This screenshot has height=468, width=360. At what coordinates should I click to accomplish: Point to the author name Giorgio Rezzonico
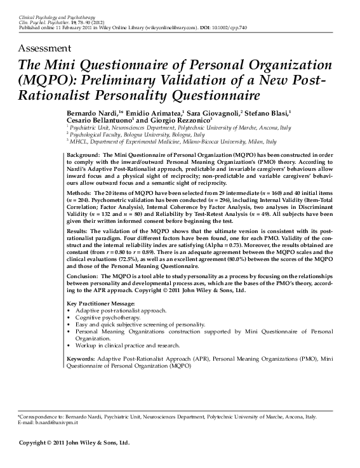click(183, 121)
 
